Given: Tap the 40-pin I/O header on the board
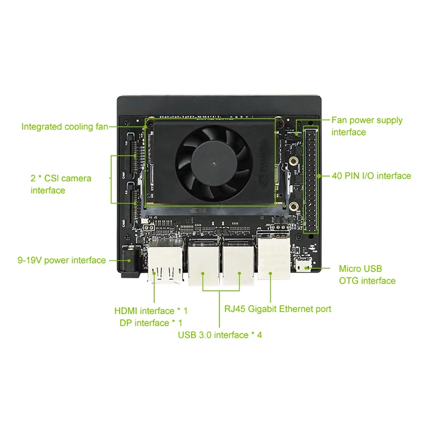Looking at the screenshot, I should pyautogui.click(x=312, y=178).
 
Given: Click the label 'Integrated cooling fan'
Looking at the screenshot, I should pyautogui.click(x=64, y=127).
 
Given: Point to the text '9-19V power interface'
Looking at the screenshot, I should pyautogui.click(x=62, y=260).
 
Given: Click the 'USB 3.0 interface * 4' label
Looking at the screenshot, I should pyautogui.click(x=220, y=335).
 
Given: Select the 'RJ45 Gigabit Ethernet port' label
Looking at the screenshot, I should pyautogui.click(x=278, y=309).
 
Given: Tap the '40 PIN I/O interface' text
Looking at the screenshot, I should pyautogui.click(x=371, y=176).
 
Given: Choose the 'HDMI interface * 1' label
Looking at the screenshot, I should pyautogui.click(x=151, y=310).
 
